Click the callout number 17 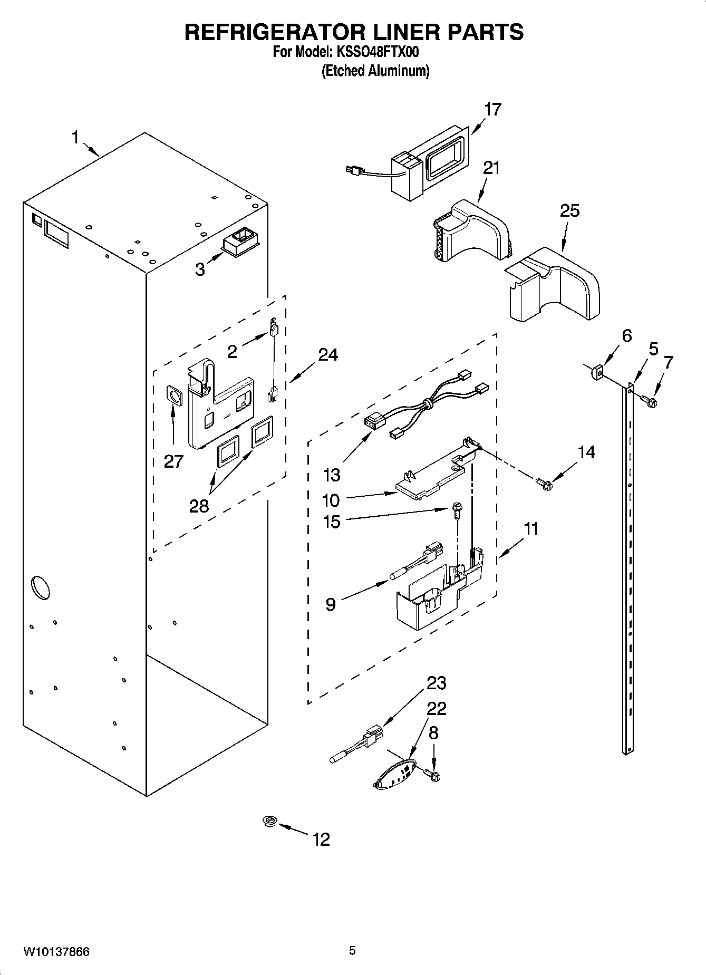(492, 110)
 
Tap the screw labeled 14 (544, 482)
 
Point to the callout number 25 (569, 211)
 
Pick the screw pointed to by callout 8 (433, 775)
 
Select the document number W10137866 (56, 952)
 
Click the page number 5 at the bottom (352, 951)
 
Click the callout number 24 (327, 355)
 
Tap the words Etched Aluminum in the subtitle (375, 71)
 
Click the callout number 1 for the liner (75, 138)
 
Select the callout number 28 (199, 506)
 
